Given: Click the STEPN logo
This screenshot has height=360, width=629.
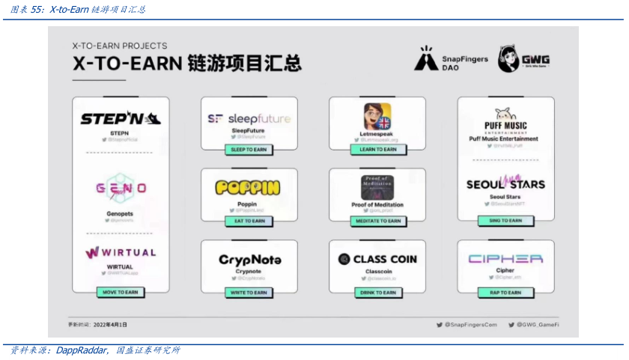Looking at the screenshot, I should coord(121,119).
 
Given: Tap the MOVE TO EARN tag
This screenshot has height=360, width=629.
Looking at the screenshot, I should coord(121,293).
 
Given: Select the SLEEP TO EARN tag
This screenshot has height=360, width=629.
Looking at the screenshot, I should coord(249,150).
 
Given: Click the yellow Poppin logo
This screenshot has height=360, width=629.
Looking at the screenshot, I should coord(249,188).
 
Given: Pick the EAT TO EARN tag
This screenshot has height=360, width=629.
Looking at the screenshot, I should coord(249,222).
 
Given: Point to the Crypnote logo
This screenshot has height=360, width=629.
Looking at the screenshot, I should coord(249,260).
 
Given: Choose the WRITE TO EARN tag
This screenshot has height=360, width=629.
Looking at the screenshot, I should coord(249,293).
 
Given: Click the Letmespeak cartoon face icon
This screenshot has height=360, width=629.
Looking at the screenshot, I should coord(378,117).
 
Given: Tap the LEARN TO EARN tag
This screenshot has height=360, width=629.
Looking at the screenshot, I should coord(378,150).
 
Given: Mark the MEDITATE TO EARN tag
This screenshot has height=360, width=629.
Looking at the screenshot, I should coord(378,222).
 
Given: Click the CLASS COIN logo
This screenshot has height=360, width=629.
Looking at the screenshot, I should coord(377,259).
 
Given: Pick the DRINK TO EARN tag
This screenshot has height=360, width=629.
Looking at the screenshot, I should coord(378,293).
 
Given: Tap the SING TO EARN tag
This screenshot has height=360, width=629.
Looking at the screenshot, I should coord(506,221).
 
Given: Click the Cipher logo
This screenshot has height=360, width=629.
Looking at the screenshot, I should coord(506,259).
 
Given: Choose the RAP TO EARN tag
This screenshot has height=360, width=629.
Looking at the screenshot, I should coord(506,293).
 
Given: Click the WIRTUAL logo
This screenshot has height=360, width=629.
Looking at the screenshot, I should coord(121,253).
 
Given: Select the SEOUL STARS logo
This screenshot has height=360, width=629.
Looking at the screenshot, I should coord(506,183).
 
